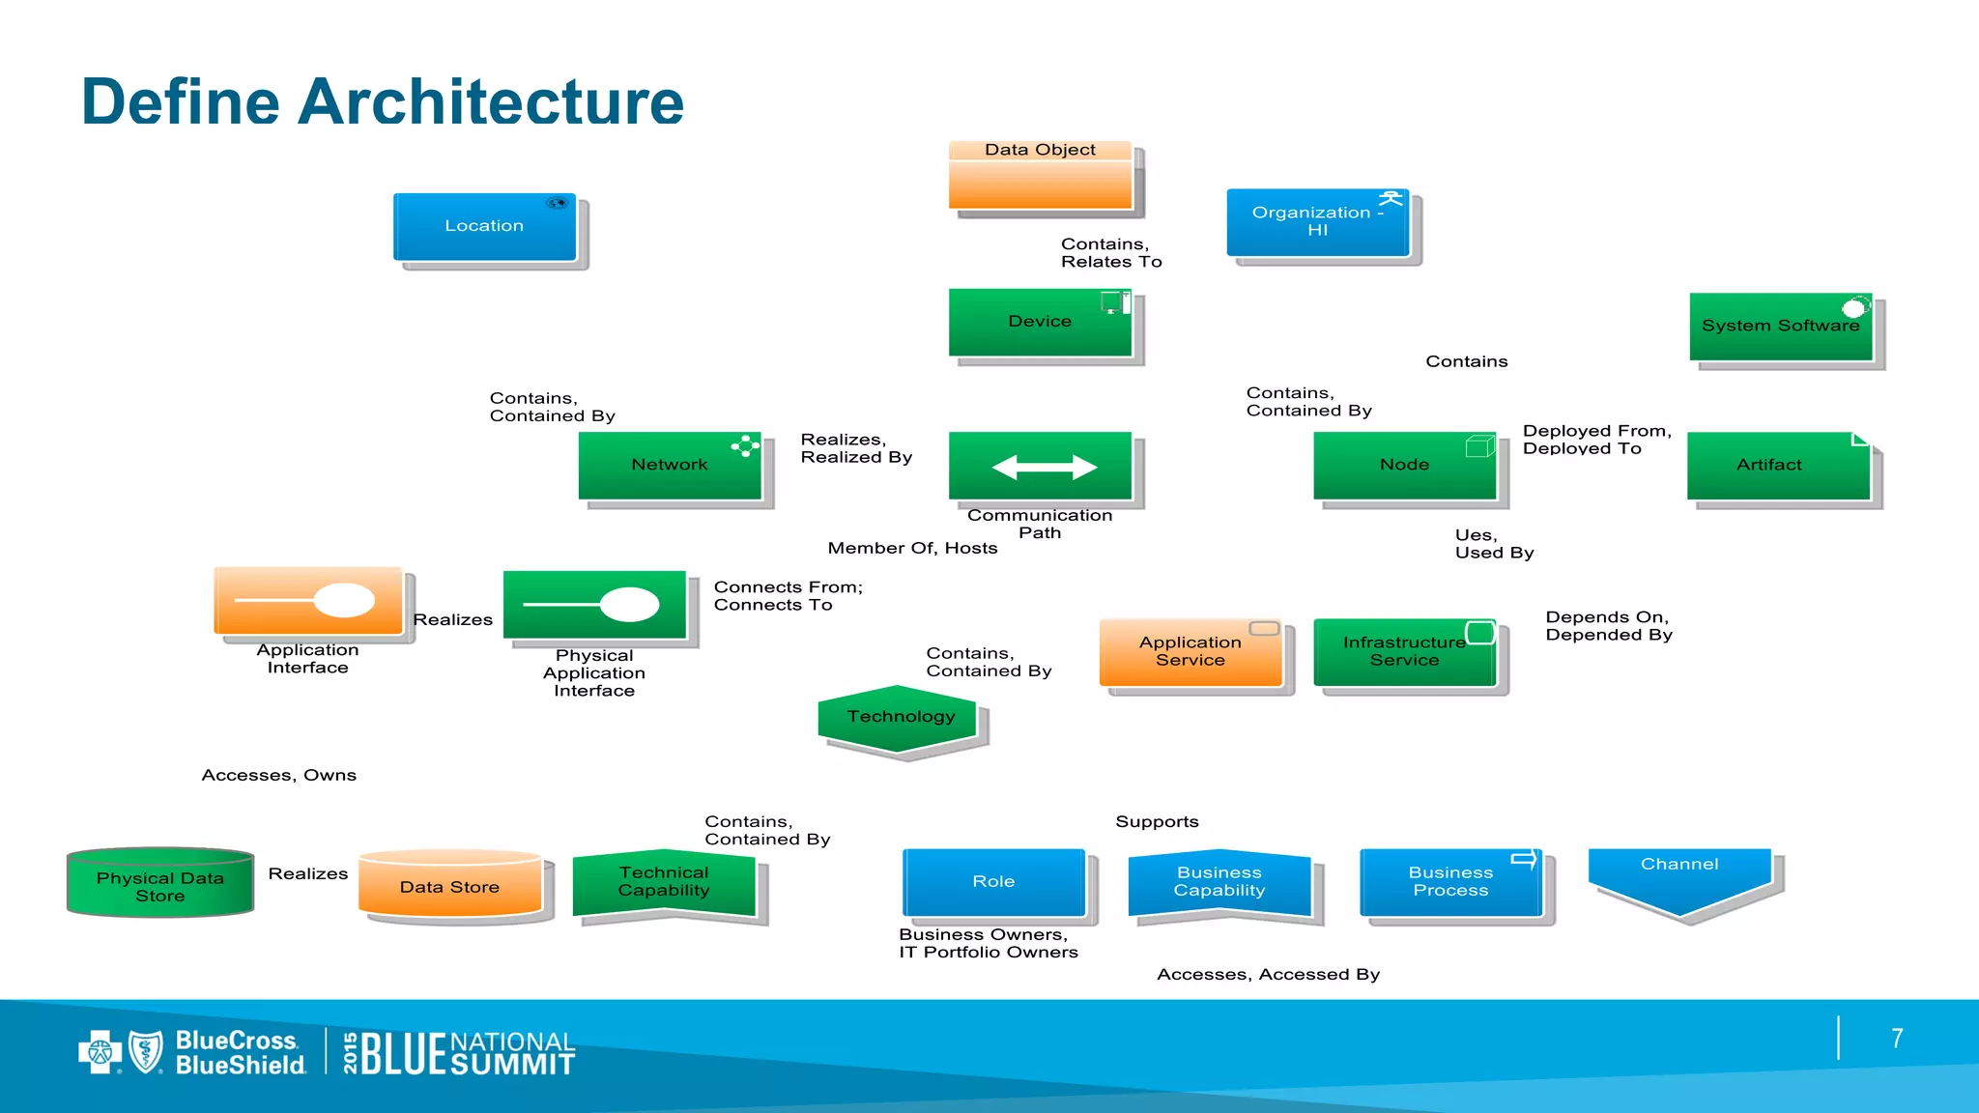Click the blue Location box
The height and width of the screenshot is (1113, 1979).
pyautogui.click(x=484, y=227)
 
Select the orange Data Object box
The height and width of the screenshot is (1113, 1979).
pyautogui.click(x=1040, y=176)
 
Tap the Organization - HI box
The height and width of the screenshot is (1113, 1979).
pyautogui.click(x=1317, y=222)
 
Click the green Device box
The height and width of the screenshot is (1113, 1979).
pyautogui.click(x=1040, y=322)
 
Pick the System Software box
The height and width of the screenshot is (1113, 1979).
pyautogui.click(x=1780, y=327)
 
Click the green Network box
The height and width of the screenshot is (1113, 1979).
pyautogui.click(x=670, y=465)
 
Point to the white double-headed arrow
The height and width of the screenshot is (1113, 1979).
pyautogui.click(x=1044, y=468)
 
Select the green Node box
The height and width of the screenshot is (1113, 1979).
pyautogui.click(x=1404, y=465)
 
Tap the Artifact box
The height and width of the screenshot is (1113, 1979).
pyautogui.click(x=1778, y=465)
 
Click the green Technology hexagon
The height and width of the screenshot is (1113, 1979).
pyautogui.click(x=901, y=718)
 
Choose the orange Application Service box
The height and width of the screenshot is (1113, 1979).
pyautogui.click(x=1190, y=652)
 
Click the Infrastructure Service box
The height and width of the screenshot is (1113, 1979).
pyautogui.click(x=1404, y=652)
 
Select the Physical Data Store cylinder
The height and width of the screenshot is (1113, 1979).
pyautogui.click(x=160, y=883)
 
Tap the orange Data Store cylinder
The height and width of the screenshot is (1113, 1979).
pyautogui.click(x=449, y=884)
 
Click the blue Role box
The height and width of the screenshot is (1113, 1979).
pyautogui.click(x=993, y=881)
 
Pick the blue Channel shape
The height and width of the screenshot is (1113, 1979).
pyautogui.click(x=1679, y=877)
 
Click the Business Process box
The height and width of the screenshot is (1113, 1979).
pyautogui.click(x=1450, y=881)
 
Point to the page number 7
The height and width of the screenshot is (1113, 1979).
pyautogui.click(x=1897, y=1039)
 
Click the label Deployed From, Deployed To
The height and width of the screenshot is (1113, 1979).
pyautogui.click(x=1596, y=440)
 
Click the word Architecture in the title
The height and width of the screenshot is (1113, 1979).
pyautogui.click(x=491, y=101)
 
